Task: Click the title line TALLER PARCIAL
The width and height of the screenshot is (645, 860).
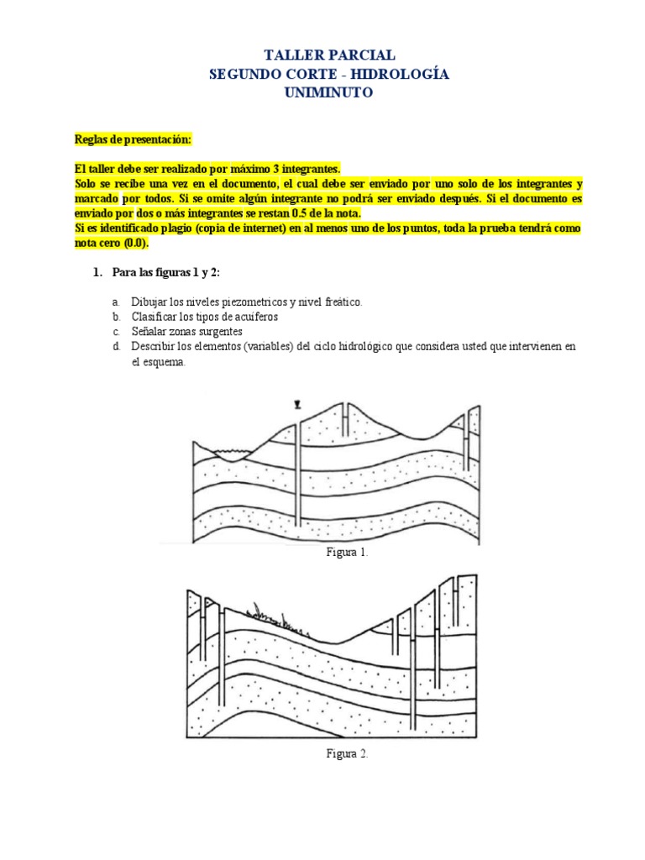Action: point(328,55)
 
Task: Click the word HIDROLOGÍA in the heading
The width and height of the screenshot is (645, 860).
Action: point(409,75)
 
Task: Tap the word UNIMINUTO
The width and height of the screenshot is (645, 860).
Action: point(328,93)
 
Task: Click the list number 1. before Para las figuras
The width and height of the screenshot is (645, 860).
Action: point(97,274)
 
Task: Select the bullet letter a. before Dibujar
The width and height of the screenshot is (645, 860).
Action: point(115,302)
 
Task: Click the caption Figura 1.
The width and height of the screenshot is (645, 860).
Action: point(347,553)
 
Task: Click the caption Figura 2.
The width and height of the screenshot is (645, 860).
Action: point(347,753)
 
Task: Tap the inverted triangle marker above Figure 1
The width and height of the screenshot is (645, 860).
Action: point(297,405)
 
